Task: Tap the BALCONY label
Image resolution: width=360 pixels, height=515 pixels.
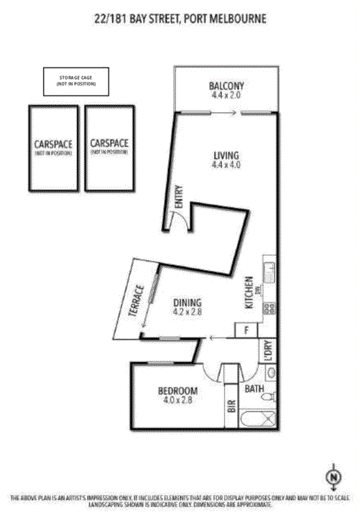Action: point(225,84)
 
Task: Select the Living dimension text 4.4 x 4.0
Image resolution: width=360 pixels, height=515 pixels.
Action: point(225,165)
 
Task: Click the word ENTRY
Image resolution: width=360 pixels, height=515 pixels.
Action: point(179,198)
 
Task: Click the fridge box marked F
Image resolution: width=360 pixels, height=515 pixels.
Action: point(247,330)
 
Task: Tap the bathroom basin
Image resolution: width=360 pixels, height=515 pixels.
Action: point(270,374)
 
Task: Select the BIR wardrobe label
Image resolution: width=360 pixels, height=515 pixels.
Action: point(232,405)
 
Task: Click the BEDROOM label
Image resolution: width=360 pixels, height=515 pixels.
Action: point(177,391)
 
